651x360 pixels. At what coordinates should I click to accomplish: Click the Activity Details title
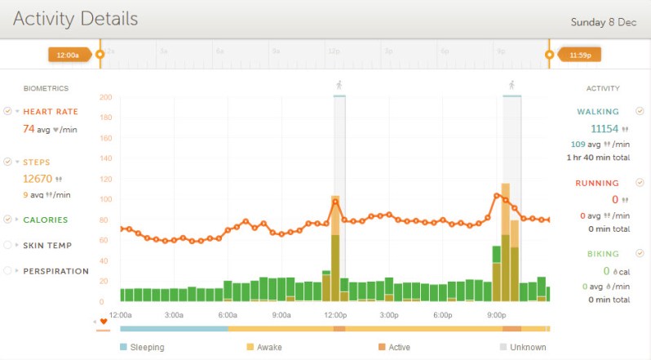tap(75, 19)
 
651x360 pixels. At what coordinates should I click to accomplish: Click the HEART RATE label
tap(51, 112)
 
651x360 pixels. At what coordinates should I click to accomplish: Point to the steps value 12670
tap(37, 179)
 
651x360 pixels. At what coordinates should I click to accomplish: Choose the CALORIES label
tap(46, 220)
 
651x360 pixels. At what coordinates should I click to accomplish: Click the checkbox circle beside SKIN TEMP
tap(7, 245)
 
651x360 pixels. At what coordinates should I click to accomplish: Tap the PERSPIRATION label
tap(55, 271)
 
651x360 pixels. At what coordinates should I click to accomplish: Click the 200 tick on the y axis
tap(105, 97)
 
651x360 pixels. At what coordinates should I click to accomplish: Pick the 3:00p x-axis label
tap(388, 315)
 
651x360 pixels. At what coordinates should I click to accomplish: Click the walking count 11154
tap(604, 129)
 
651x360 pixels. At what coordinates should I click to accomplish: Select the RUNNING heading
tap(597, 184)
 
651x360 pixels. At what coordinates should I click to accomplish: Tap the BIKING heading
tap(602, 254)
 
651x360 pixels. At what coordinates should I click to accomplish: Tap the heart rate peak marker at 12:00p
tap(335, 202)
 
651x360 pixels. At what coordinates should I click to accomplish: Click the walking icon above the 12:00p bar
tap(339, 85)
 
